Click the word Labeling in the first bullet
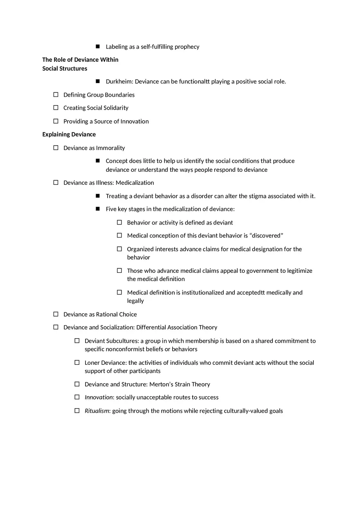[x=117, y=47]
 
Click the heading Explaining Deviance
[x=69, y=135]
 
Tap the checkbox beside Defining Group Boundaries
[x=56, y=95]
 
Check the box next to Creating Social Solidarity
[x=56, y=108]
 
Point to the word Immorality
[x=110, y=148]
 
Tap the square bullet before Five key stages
[x=98, y=209]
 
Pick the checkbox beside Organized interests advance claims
[x=119, y=249]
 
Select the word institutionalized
[x=203, y=292]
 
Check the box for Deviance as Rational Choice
[x=56, y=314]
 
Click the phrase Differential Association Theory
[x=177, y=327]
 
